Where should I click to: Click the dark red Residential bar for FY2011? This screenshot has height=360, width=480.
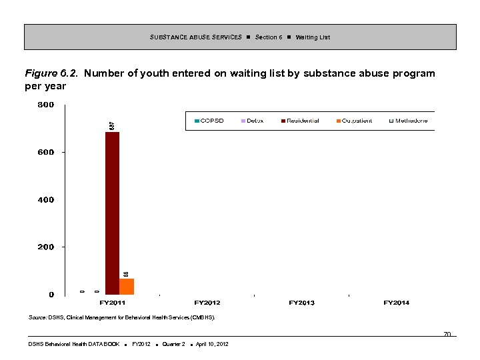(112, 213)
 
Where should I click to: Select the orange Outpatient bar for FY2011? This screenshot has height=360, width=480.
(127, 287)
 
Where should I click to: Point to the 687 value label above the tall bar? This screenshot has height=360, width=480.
(112, 125)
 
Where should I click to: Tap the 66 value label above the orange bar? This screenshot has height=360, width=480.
(126, 274)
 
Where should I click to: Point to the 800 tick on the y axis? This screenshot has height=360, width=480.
(46, 105)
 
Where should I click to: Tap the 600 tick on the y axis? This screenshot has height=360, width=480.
(46, 153)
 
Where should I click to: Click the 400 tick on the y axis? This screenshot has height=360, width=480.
(46, 200)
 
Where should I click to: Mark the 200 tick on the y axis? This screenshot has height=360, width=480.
(46, 247)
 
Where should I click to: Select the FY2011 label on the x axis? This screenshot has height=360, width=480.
(113, 303)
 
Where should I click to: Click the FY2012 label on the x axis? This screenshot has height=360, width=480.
(207, 303)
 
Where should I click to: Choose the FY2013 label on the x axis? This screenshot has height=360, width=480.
(302, 303)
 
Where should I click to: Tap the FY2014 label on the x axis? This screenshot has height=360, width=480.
(397, 303)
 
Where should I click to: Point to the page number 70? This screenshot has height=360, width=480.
(447, 334)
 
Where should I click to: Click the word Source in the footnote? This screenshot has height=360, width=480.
(37, 318)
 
